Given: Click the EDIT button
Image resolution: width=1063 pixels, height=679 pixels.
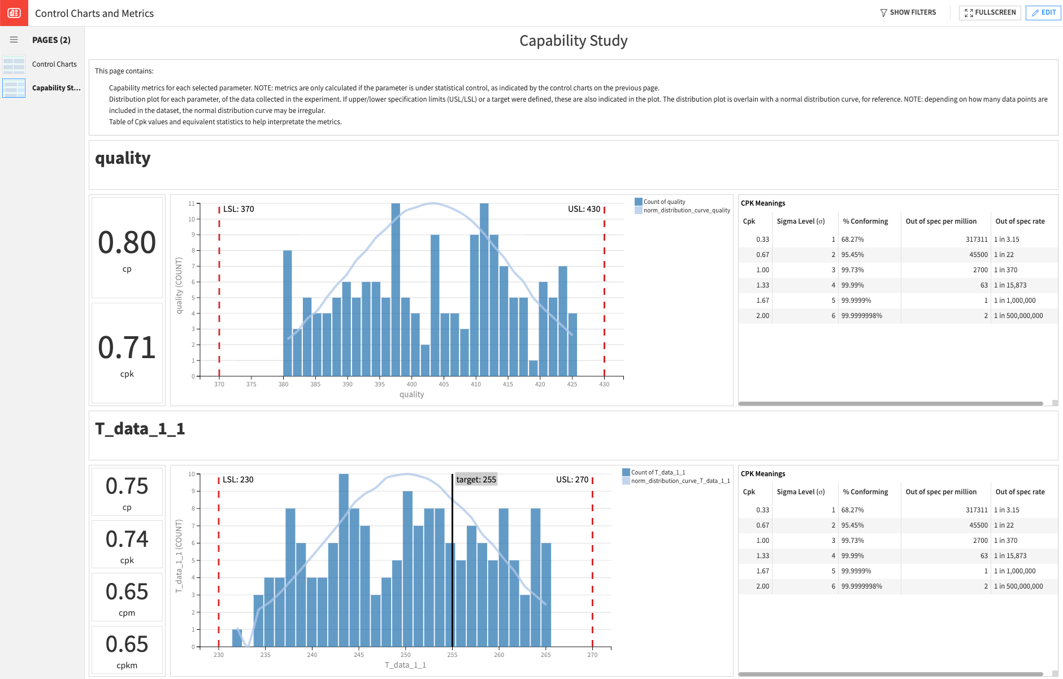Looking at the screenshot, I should tap(1043, 12).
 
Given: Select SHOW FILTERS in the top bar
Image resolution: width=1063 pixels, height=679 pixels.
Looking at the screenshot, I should tap(908, 12).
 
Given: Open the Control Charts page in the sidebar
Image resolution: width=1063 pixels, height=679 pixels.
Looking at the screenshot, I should tap(54, 64).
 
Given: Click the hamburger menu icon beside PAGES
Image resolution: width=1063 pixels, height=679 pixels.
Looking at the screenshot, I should tap(14, 40).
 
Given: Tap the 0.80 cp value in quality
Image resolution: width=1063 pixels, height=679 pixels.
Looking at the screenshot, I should tap(127, 242).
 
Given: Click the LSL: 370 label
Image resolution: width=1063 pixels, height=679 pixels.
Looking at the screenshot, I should tap(238, 209).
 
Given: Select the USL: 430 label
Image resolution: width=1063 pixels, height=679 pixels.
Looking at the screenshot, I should tap(584, 209).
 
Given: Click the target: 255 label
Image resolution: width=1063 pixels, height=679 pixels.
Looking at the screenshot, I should tap(476, 480).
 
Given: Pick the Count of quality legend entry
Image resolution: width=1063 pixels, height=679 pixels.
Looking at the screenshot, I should tap(664, 202).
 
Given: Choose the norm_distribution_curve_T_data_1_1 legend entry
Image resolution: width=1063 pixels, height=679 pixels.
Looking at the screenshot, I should tap(680, 481).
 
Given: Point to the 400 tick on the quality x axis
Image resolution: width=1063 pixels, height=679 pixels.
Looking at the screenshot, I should tap(412, 384).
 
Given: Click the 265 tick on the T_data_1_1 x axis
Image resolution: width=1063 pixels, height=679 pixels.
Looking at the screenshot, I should tap(545, 655).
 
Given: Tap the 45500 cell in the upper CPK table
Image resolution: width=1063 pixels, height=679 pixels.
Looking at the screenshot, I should tap(978, 255).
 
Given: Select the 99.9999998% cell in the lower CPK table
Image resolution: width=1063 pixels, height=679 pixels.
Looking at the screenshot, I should tap(861, 586).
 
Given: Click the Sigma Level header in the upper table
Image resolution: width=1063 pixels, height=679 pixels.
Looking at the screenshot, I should tap(800, 221).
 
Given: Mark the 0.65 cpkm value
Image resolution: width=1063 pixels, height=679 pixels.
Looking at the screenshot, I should tap(127, 644).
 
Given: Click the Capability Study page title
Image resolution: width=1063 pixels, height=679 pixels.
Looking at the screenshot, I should tap(573, 41).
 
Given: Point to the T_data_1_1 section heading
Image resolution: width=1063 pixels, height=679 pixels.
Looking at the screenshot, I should tap(140, 429).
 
